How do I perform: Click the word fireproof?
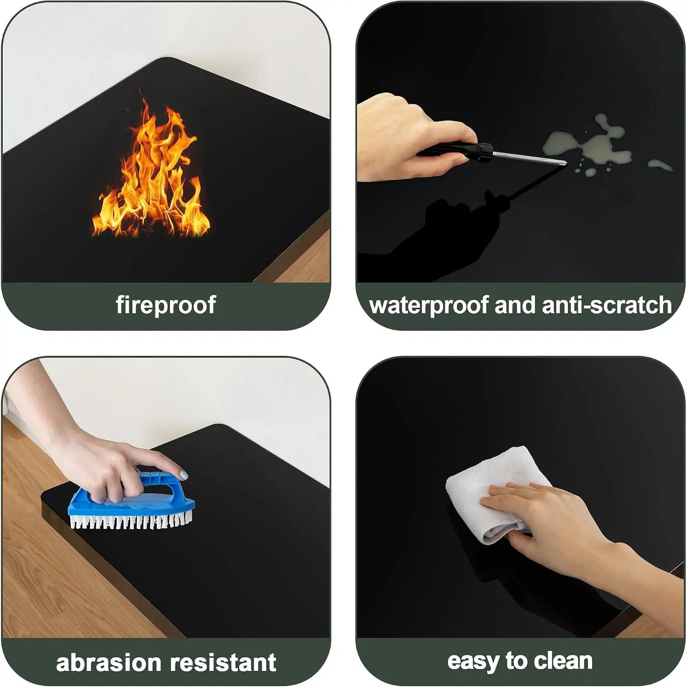click(x=166, y=305)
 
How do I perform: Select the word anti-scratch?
click(x=607, y=305)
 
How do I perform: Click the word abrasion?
click(x=109, y=663)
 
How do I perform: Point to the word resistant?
click(x=223, y=663)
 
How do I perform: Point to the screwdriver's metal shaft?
click(x=529, y=157)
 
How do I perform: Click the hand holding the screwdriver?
click(x=412, y=137)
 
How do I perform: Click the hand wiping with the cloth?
click(x=572, y=531)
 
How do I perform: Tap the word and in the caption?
click(x=515, y=305)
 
